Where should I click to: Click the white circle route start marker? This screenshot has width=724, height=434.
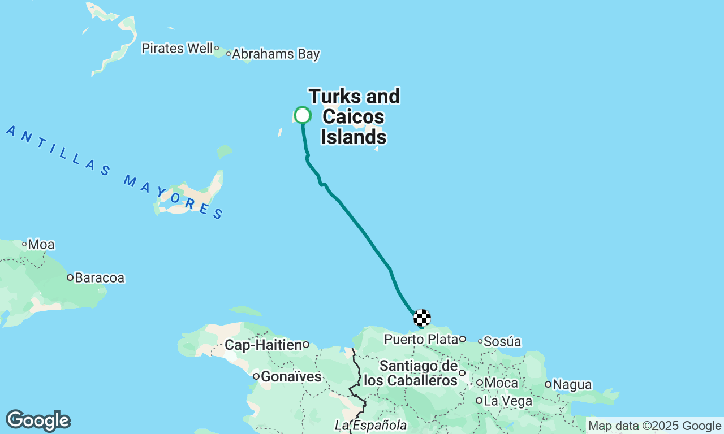(303, 115)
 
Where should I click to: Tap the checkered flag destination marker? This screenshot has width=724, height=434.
(422, 318)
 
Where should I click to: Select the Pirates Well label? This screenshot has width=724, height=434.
(177, 49)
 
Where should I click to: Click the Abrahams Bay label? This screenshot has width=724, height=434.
(276, 54)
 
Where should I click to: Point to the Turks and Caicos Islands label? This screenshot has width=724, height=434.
(354, 117)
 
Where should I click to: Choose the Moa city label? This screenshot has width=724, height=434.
(41, 245)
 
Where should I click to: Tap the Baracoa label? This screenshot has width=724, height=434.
(100, 277)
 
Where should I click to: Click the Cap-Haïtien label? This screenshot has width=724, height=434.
(263, 345)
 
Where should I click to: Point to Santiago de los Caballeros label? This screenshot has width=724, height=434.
(410, 373)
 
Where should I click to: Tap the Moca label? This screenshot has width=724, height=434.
(501, 383)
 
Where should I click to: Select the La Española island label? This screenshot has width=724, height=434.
(370, 424)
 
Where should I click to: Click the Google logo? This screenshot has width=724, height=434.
(38, 420)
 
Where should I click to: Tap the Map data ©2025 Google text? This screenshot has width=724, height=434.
(654, 426)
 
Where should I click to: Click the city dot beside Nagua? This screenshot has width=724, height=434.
(548, 384)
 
